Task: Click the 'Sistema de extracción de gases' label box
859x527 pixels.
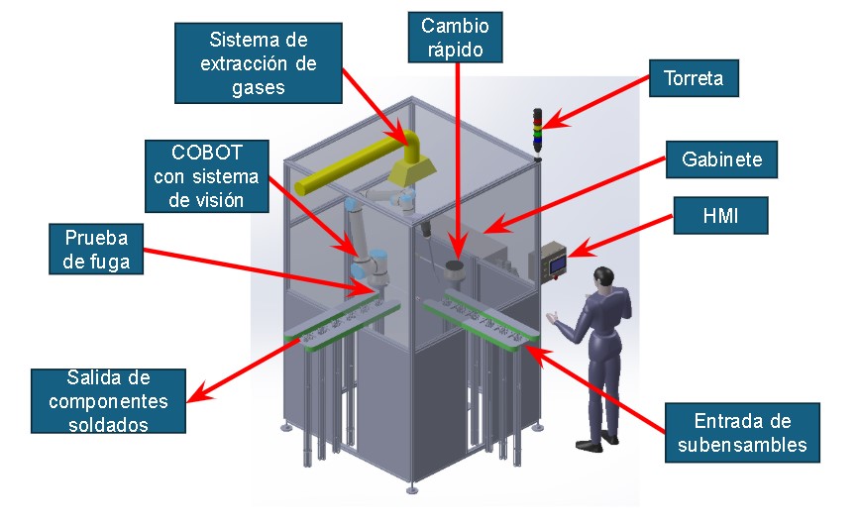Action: [x=258, y=63]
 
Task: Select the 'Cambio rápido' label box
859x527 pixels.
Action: [x=455, y=37]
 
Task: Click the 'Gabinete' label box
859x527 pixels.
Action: [x=714, y=158]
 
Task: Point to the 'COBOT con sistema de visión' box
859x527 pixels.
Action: [x=207, y=175]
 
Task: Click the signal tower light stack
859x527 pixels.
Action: [x=538, y=131]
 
